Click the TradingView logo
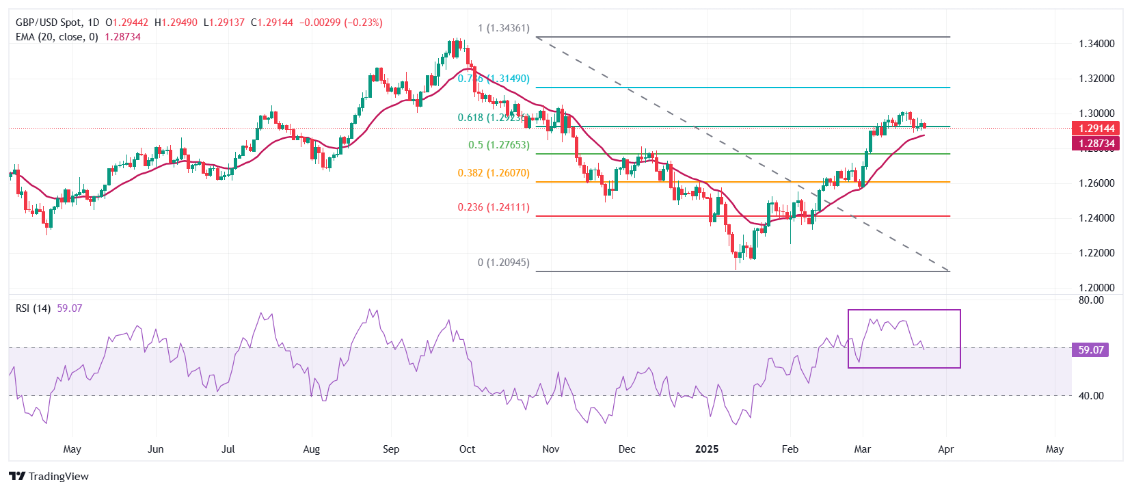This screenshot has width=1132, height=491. click(49, 477)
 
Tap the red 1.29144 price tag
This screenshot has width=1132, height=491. click(1096, 129)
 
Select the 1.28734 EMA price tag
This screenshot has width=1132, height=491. click(1096, 144)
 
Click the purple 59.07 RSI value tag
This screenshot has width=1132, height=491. click(1091, 350)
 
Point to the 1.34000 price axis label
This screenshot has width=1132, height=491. click(1096, 44)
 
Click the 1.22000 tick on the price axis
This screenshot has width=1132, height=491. click(1096, 253)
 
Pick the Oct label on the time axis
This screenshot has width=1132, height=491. click(468, 449)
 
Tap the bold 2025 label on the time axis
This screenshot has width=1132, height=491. click(707, 449)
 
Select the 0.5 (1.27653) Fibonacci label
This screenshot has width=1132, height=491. click(498, 145)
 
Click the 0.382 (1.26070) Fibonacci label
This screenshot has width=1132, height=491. click(494, 173)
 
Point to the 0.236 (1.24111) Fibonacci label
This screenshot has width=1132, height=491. click(494, 207)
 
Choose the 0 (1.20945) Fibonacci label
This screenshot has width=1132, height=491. click(503, 263)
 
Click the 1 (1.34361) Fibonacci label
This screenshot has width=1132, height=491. click(503, 28)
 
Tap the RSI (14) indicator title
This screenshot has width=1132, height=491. click(33, 308)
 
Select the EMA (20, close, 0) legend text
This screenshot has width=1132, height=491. click(57, 37)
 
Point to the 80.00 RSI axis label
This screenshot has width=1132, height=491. click(1091, 300)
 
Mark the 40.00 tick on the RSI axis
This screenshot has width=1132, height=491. click(1091, 396)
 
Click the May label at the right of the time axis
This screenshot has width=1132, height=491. click(1055, 449)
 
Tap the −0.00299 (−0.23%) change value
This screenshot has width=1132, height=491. click(340, 23)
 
